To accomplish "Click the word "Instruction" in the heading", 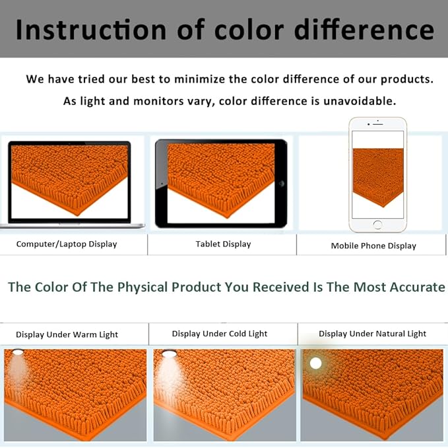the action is [x=91, y=30].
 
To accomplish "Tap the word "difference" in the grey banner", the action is [x=364, y=30].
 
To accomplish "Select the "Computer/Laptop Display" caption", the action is [x=67, y=244].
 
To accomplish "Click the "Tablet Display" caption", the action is [x=223, y=244].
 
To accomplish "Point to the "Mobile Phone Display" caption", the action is [x=373, y=246].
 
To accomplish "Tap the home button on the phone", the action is [x=377, y=225].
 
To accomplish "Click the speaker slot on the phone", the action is [x=377, y=124].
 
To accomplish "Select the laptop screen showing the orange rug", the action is [x=69, y=182].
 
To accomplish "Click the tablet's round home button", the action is [x=281, y=184].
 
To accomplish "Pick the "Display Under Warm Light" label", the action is [x=67, y=334].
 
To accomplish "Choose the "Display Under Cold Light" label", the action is [x=220, y=334].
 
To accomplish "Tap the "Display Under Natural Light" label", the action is [x=372, y=334].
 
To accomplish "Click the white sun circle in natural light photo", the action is [x=316, y=363].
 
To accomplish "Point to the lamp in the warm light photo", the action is [x=18, y=352].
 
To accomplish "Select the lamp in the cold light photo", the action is [x=169, y=354].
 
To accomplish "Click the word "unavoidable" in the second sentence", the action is [x=360, y=101].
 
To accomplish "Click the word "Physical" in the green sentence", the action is [x=143, y=287].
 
